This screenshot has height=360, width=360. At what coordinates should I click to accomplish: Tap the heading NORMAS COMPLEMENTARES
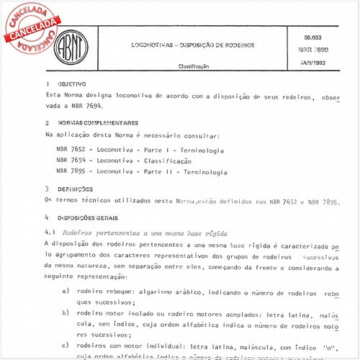click(96, 123)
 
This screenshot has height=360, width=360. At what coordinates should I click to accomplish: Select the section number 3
click(47, 189)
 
